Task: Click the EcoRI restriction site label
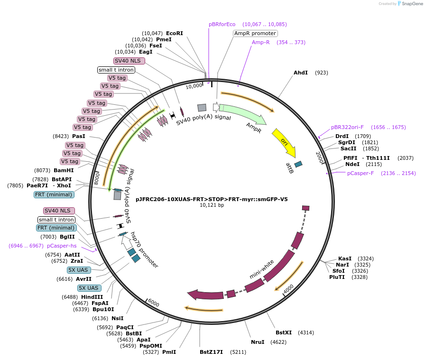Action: [x=174, y=33]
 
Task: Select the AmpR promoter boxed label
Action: [x=255, y=33]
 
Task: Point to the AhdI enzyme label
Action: [x=301, y=73]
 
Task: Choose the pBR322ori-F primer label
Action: [x=347, y=127]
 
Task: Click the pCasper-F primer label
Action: [x=360, y=173]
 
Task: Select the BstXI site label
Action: [x=284, y=332]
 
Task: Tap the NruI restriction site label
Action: [x=258, y=342]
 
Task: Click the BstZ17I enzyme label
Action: [x=211, y=352]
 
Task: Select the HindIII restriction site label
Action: [x=92, y=297]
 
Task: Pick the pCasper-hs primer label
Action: [x=62, y=246]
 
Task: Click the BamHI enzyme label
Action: [x=64, y=170]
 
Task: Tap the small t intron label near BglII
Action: [x=56, y=220]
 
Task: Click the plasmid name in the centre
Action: [x=212, y=199]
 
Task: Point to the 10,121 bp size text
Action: [x=212, y=205]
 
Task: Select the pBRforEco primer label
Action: [x=222, y=24]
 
